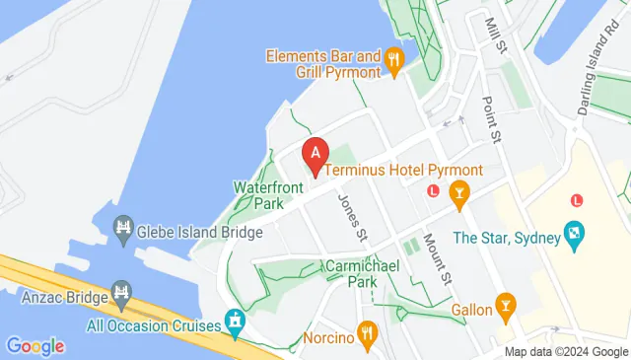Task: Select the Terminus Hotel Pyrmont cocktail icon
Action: coord(458,193)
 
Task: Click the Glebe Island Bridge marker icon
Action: coord(123,230)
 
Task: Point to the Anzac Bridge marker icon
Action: coord(121,293)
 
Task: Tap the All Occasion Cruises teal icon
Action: coord(235,321)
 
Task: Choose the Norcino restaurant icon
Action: coord(368,335)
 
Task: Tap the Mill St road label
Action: coord(495,35)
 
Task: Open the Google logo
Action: coord(35,346)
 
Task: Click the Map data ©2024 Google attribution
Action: coord(566,352)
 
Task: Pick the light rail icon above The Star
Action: coord(578,200)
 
